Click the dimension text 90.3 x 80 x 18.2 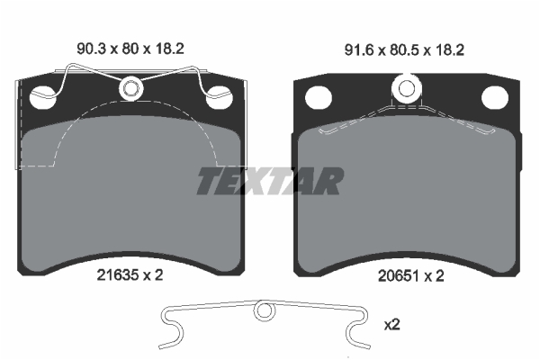point(130,49)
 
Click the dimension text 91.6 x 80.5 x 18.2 point(404,50)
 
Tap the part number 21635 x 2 point(130,274)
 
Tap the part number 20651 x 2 point(411,276)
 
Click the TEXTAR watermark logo point(270,181)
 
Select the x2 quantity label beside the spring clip point(391,325)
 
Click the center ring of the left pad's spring point(130,88)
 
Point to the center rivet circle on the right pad point(407,89)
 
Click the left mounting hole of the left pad point(43,97)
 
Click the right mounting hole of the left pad point(219,97)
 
